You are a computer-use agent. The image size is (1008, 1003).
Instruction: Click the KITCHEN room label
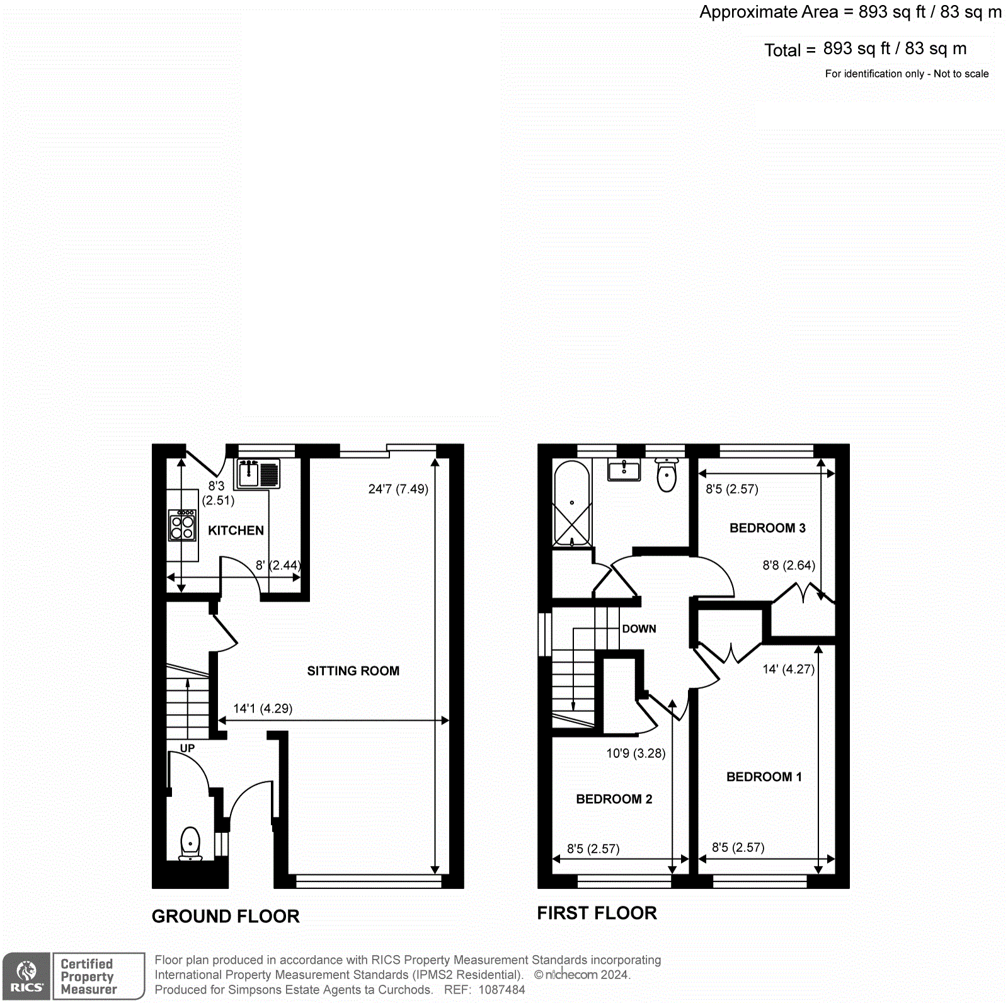click(x=236, y=530)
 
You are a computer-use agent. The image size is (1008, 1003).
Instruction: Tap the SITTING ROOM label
click(x=353, y=671)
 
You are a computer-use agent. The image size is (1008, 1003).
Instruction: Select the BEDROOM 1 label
click(x=764, y=777)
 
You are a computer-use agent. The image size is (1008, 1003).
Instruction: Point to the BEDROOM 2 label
click(x=614, y=799)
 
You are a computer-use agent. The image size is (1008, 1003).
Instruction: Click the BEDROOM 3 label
click(x=767, y=528)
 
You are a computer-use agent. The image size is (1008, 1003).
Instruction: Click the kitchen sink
click(x=257, y=474)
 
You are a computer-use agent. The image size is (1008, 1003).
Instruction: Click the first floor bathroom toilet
click(x=667, y=476)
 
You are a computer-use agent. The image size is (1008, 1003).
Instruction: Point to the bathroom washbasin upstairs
click(x=624, y=470)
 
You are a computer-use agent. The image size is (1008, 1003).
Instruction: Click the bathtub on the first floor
click(x=571, y=503)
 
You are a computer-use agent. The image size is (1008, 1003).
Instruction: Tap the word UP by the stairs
click(x=187, y=748)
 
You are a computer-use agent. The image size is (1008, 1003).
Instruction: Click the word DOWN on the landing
click(x=639, y=629)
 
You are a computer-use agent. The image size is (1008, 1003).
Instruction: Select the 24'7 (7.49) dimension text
click(x=398, y=489)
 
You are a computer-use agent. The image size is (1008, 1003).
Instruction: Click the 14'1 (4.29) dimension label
click(x=263, y=709)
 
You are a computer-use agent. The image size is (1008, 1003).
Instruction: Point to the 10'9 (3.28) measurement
click(x=636, y=754)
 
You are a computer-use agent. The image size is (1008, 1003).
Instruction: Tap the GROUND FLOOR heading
click(x=226, y=916)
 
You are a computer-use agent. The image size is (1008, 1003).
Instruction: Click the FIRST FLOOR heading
click(x=597, y=913)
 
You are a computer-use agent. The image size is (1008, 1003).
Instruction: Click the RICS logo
click(x=26, y=976)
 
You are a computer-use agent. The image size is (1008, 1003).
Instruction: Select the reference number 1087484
click(x=501, y=990)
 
